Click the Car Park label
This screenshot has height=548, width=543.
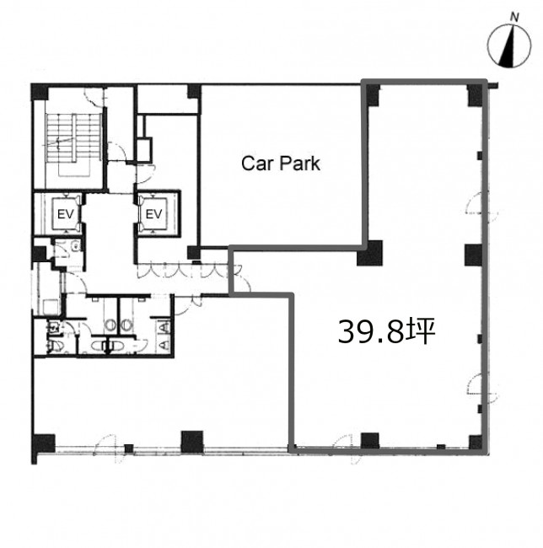tap(281, 164)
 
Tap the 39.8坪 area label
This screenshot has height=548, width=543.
tap(386, 330)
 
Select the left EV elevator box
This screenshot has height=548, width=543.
tap(65, 214)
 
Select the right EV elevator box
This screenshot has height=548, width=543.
tap(153, 214)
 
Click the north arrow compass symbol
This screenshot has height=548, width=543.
tap(509, 46)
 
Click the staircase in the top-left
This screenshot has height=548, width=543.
tap(73, 143)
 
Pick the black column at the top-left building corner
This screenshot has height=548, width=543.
tap(40, 92)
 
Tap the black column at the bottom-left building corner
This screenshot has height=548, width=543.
tap(43, 443)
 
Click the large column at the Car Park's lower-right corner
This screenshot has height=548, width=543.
tap(369, 254)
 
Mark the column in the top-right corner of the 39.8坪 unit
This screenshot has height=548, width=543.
tap(476, 95)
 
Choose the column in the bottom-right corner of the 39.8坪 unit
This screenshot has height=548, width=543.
tap(476, 442)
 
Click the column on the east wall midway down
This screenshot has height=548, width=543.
tap(474, 255)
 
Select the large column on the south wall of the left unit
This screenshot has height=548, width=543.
tap(192, 442)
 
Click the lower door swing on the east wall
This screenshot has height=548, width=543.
tap(482, 387)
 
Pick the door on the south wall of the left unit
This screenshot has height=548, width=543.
tap(106, 448)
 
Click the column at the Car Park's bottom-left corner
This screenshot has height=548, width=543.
tap(193, 253)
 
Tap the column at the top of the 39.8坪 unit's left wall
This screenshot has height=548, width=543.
tap(373, 95)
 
